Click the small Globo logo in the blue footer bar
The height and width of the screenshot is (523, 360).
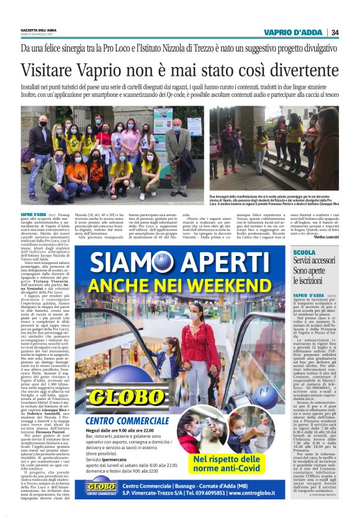pos(101,489)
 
